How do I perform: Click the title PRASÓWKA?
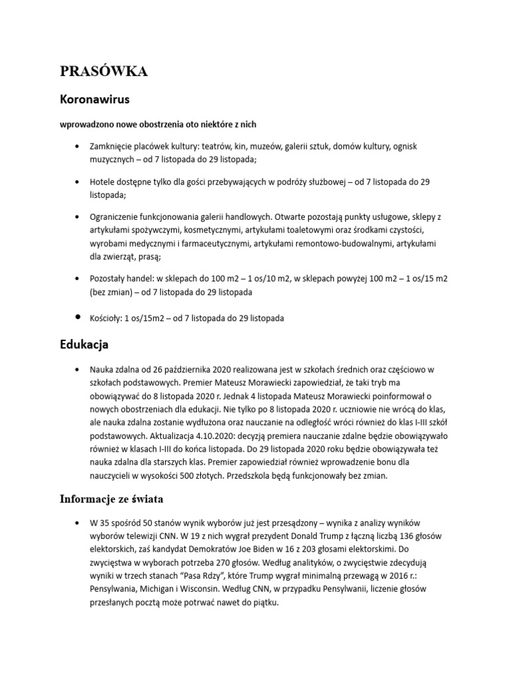coord(104,72)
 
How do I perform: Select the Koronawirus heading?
coord(94,100)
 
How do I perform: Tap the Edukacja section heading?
coord(84,345)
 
